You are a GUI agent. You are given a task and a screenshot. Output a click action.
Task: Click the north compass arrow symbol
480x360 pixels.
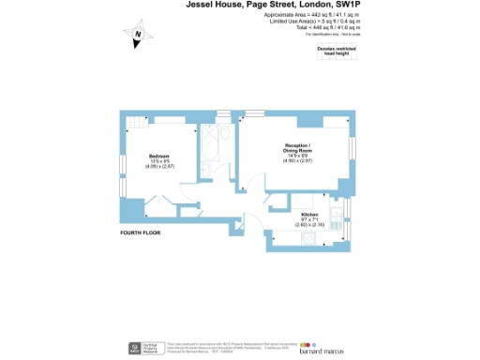point(137,37)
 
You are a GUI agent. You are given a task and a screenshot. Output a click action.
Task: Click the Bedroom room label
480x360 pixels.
point(160,155)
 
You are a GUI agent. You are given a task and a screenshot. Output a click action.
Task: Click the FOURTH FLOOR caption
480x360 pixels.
point(141,232)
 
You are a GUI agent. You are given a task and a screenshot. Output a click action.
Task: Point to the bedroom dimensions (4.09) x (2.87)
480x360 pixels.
point(160,166)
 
